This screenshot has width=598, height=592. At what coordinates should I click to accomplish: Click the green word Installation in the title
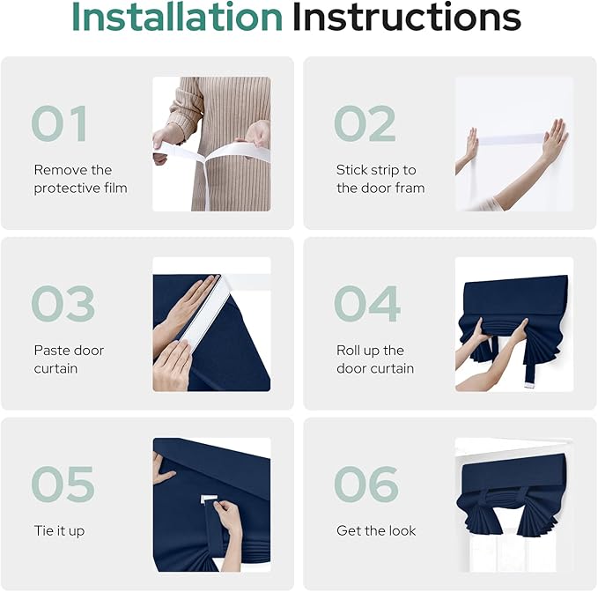coord(177,17)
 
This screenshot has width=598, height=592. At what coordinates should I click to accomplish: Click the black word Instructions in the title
coord(407,17)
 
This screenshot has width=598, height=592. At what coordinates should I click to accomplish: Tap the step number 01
coord(60,123)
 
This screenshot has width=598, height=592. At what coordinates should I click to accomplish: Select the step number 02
coord(365,123)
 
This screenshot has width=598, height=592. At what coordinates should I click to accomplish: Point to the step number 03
coord(63,304)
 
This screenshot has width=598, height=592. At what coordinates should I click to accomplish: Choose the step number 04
coord(367,304)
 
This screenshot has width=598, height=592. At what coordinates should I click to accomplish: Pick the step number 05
coord(63,484)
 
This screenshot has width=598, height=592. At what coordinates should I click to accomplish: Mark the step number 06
coord(366,484)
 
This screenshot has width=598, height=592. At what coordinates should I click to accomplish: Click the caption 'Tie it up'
coord(59,531)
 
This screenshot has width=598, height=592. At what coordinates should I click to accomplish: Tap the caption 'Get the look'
coord(376,530)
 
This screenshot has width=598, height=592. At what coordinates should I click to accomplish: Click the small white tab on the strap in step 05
coord(208,499)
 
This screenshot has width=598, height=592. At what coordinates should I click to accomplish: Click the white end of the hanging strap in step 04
coord(529,385)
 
